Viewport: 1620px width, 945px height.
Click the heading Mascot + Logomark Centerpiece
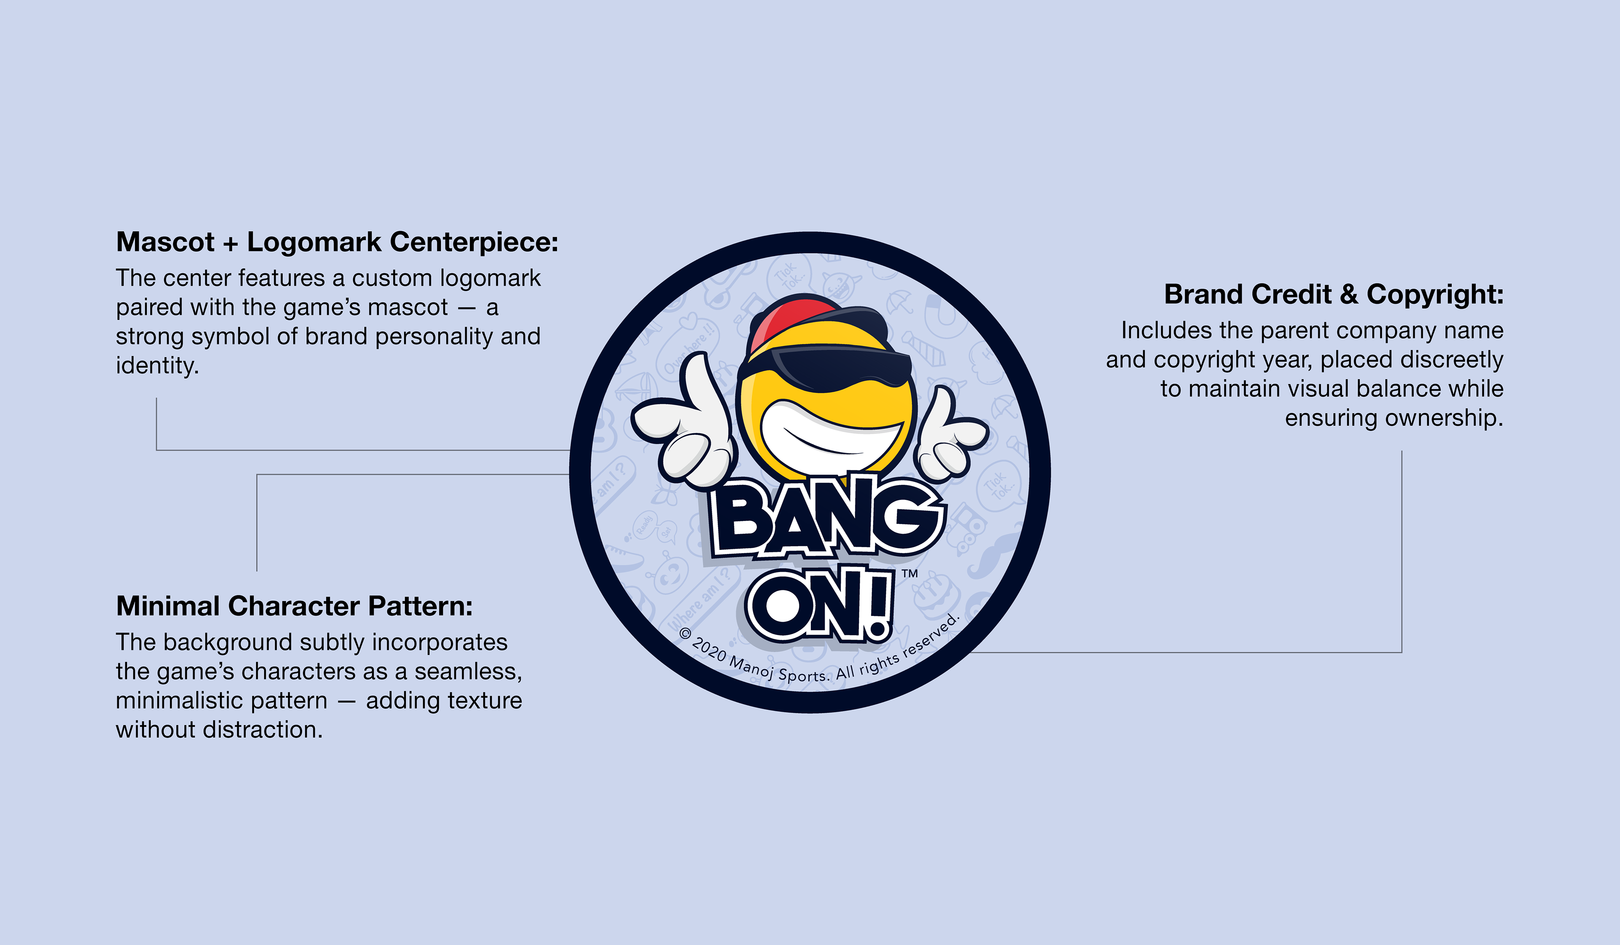coord(337,242)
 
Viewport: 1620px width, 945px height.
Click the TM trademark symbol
coord(909,573)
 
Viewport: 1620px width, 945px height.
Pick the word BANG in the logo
coord(826,518)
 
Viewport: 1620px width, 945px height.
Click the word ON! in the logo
coord(820,604)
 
